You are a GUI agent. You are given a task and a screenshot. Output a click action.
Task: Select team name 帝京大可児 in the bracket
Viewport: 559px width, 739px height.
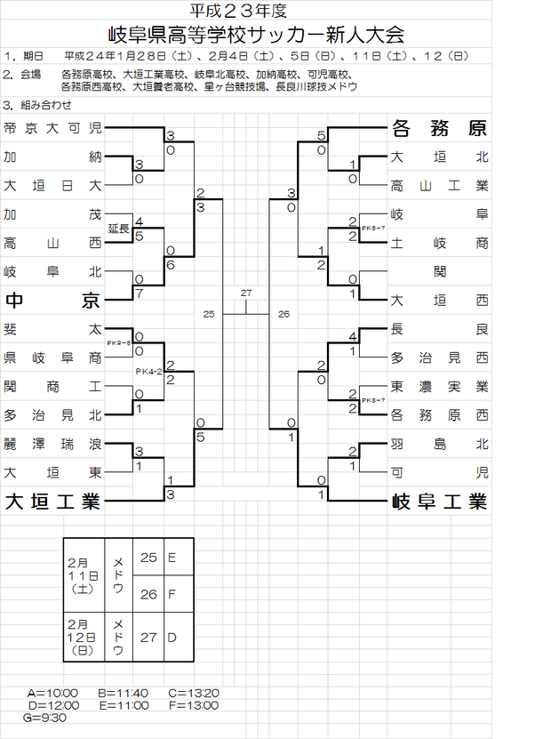click(52, 128)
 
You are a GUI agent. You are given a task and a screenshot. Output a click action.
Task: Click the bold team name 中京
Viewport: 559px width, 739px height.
click(52, 300)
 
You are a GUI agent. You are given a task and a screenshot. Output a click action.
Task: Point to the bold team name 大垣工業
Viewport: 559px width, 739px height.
click(52, 502)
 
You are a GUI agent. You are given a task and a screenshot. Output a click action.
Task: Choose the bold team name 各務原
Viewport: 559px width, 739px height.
click(440, 128)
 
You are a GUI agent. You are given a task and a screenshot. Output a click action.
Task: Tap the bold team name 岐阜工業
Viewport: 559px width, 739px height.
click(440, 502)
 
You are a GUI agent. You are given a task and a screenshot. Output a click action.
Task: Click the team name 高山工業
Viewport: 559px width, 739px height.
click(440, 186)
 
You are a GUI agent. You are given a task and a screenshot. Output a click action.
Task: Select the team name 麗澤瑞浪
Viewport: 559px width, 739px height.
click(52, 444)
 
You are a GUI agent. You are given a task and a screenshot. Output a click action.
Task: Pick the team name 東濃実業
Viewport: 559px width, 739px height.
click(440, 387)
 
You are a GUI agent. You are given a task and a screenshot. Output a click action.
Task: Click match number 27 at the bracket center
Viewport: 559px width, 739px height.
click(246, 293)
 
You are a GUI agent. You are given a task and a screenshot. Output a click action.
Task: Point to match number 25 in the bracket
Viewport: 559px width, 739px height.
click(209, 314)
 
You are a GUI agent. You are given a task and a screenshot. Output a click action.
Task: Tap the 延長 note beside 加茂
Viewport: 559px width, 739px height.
click(119, 229)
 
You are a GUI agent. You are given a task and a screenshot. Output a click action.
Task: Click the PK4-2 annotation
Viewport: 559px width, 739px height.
click(148, 372)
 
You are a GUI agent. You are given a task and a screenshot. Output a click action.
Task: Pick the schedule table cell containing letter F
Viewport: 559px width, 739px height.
click(172, 593)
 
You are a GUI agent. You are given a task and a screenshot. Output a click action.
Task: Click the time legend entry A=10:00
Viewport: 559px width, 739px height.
click(53, 693)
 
